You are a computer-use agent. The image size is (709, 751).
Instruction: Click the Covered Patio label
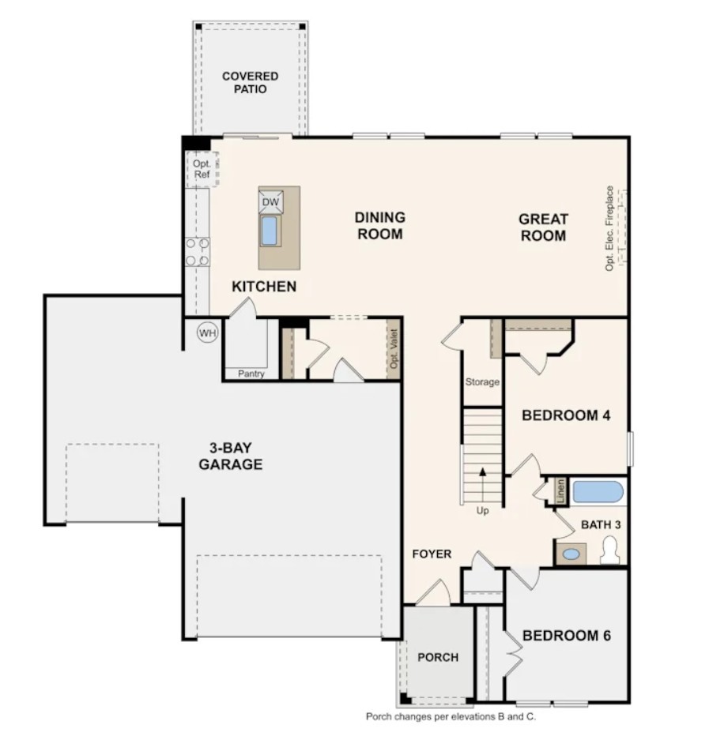click(x=250, y=82)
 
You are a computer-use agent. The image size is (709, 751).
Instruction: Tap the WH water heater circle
click(x=208, y=332)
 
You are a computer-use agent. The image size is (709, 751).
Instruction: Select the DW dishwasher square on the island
click(x=271, y=201)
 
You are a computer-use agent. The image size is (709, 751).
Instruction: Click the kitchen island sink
click(x=270, y=231)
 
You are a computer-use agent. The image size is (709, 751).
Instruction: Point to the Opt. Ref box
click(x=202, y=169)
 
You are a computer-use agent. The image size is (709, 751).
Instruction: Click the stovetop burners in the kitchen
click(x=198, y=252)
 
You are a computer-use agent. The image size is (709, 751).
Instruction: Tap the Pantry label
click(x=251, y=374)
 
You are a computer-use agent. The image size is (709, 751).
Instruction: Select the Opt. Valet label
click(x=394, y=348)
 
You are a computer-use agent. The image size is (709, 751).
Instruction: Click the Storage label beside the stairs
click(x=482, y=381)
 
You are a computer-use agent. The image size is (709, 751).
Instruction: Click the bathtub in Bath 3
click(x=598, y=492)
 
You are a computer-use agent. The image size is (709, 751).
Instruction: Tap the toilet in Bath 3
click(x=609, y=550)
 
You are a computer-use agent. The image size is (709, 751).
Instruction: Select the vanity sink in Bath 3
click(x=571, y=554)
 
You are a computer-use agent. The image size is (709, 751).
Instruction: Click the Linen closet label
click(x=561, y=491)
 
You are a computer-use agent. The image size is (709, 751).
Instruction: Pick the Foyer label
click(x=432, y=554)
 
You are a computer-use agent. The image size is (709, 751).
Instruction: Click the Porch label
click(x=438, y=657)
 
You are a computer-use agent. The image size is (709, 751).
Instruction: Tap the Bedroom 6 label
click(x=567, y=636)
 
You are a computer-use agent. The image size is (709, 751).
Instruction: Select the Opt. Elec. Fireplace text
click(x=609, y=228)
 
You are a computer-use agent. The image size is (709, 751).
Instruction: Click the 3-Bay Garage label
click(x=231, y=456)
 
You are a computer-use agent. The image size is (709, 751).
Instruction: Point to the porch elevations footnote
click(x=451, y=716)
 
